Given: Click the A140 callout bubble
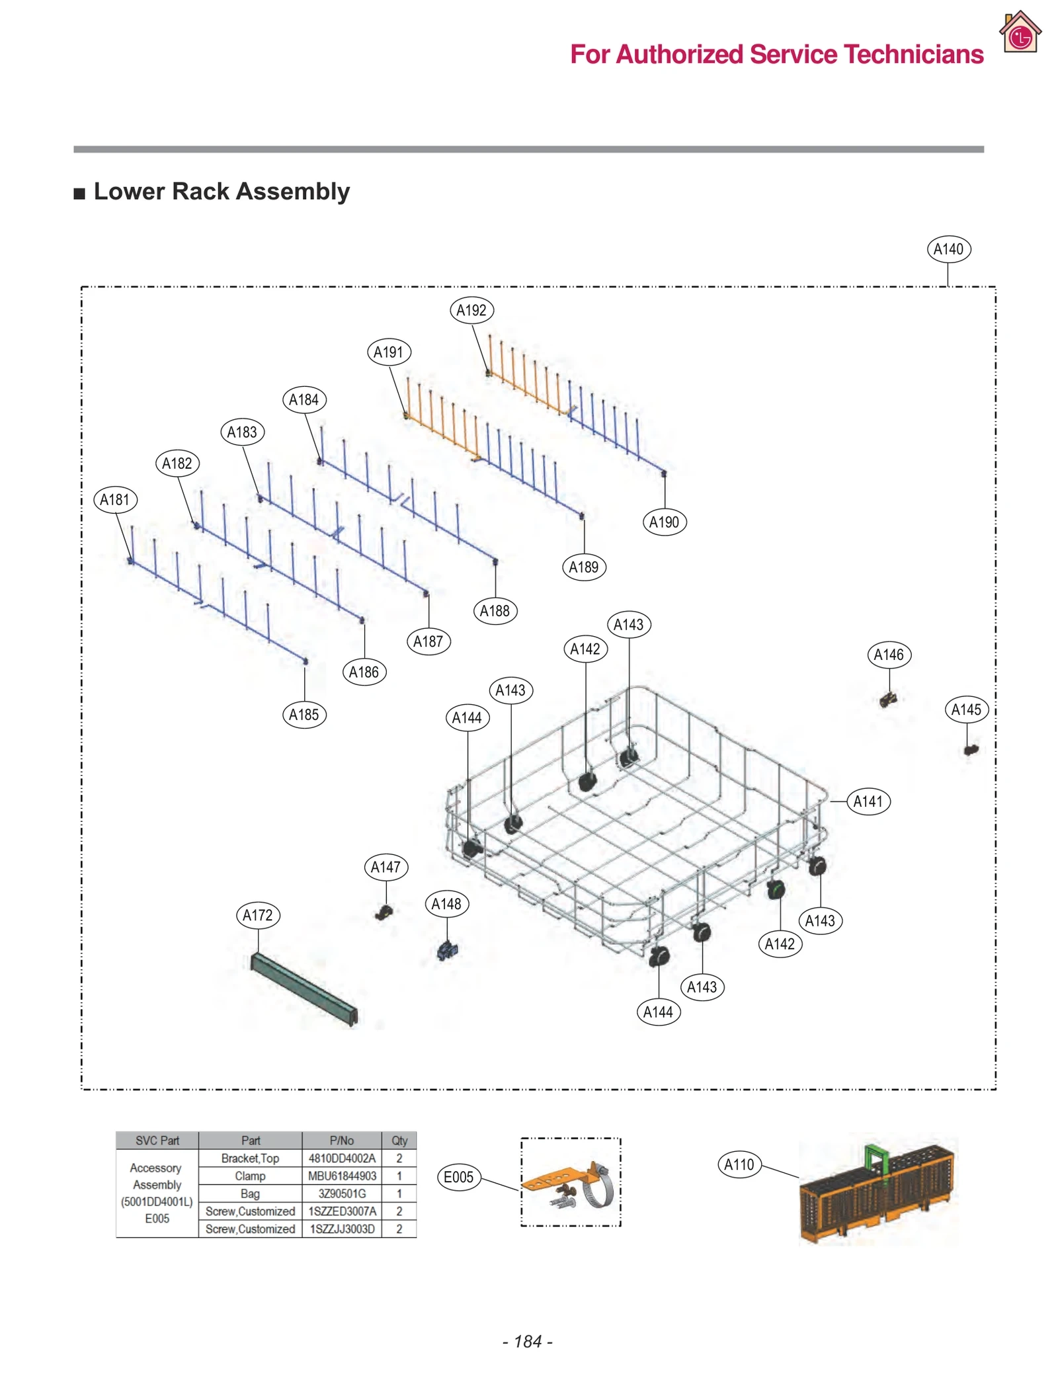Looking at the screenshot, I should coord(948,249).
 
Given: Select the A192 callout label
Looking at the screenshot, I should coord(471,310).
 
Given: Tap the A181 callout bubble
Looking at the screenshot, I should coord(115,499).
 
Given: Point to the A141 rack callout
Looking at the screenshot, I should coord(868,801).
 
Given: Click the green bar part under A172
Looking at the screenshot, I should coord(304,988).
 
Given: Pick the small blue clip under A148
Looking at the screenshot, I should coord(448,951).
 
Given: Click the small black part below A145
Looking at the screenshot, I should coord(970,750).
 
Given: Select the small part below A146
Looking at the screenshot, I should coord(888,699).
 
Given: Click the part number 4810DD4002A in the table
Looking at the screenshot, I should coord(342,1158).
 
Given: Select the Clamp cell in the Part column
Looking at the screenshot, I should coord(250,1176).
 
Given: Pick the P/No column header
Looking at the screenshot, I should coord(342,1140).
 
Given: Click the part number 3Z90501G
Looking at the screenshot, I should coord(342,1194).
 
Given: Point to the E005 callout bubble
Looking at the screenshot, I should coord(458,1177).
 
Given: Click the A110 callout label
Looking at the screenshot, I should coord(739,1164).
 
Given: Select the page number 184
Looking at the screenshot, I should coord(528,1341).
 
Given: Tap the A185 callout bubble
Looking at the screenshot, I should coord(304,715).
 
